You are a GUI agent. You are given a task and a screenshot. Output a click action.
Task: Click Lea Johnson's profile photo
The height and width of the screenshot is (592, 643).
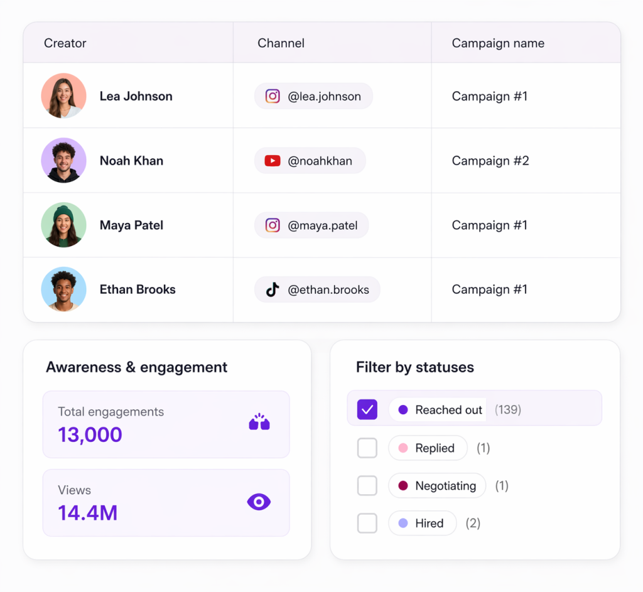click(63, 96)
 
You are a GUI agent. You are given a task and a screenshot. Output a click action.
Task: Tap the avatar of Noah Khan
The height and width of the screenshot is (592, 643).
click(63, 161)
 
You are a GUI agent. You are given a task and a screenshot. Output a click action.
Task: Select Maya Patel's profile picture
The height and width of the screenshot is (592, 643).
click(63, 225)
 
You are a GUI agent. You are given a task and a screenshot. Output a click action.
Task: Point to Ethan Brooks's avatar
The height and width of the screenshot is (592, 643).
click(63, 289)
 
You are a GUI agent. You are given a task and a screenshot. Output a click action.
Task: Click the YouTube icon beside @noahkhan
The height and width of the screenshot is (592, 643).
click(273, 161)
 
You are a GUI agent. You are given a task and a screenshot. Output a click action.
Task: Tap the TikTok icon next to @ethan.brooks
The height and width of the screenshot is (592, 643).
click(273, 289)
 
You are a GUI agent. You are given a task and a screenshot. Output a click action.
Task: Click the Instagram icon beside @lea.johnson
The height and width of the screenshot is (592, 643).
click(273, 96)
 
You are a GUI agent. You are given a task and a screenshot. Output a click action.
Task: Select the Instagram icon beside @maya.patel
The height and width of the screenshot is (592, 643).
click(273, 225)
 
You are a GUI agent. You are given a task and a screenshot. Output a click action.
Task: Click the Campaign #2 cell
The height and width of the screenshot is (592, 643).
click(490, 161)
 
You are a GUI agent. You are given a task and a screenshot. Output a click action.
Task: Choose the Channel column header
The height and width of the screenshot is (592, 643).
click(281, 43)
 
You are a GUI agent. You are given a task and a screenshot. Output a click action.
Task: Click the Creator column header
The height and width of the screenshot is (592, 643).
click(65, 43)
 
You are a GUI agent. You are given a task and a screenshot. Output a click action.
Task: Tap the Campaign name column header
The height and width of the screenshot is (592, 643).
click(498, 43)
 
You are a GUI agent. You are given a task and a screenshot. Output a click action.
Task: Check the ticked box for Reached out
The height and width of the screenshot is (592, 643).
click(367, 410)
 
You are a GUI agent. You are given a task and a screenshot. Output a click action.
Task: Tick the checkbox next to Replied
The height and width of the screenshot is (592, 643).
click(367, 448)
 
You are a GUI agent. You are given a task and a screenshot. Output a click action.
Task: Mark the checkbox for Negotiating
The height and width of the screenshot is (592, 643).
click(367, 486)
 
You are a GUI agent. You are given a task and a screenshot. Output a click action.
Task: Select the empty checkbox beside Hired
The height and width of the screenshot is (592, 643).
click(367, 523)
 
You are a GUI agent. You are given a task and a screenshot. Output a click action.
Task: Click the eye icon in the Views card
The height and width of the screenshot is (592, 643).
click(259, 502)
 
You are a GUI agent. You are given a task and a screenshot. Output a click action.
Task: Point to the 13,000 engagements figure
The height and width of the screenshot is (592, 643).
click(90, 434)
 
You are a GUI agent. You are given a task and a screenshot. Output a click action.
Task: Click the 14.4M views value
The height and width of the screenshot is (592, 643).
click(88, 513)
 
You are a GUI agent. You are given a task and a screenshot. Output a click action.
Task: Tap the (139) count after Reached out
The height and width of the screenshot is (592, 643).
click(508, 410)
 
